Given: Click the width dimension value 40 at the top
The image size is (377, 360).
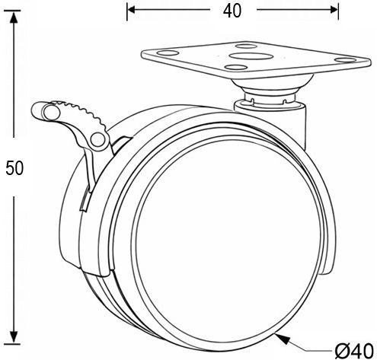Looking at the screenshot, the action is point(232,11).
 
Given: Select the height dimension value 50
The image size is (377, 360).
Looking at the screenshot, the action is point(14,168).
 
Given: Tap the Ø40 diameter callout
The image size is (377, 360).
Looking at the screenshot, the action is point(354,351).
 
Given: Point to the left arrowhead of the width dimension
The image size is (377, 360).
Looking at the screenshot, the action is point(131,10).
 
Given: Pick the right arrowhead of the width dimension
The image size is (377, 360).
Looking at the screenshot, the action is point(334,10).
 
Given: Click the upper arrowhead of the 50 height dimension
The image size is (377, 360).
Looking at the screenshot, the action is point(14,17).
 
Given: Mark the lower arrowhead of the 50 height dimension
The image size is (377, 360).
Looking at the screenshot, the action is point(14,337).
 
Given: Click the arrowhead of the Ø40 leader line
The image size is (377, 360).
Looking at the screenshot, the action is point(283,339).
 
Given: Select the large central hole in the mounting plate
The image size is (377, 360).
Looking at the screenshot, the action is point(249,56).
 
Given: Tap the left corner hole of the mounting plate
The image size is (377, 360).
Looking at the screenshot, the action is point(168,53).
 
